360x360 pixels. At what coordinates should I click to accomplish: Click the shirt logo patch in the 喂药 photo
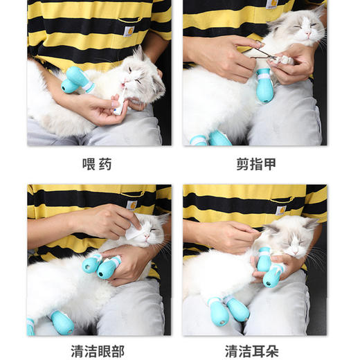click(128, 30)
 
